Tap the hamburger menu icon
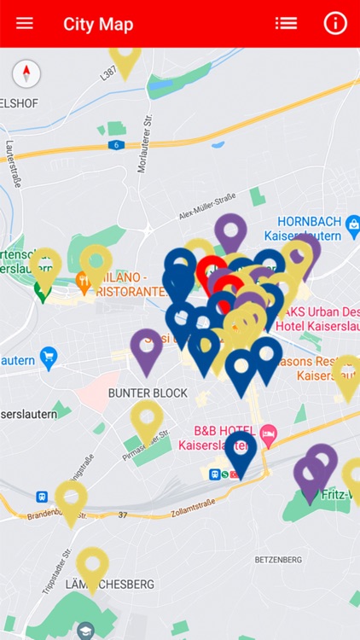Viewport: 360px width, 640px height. tap(25, 24)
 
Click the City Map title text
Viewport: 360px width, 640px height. tap(98, 24)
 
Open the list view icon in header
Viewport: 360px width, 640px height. tap(286, 24)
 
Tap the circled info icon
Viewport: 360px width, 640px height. tap(335, 24)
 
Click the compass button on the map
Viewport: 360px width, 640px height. tap(26, 74)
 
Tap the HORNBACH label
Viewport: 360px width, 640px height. tap(307, 219)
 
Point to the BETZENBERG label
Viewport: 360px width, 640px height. tap(278, 559)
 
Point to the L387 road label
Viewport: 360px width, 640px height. tap(108, 73)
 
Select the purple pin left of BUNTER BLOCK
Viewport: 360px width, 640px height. tap(147, 347)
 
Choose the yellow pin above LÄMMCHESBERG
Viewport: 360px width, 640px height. tap(92, 565)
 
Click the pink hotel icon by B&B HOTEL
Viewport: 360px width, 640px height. tap(268, 432)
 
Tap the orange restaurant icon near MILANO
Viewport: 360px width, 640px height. tap(84, 279)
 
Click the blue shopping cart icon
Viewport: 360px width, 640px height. tap(49, 354)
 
